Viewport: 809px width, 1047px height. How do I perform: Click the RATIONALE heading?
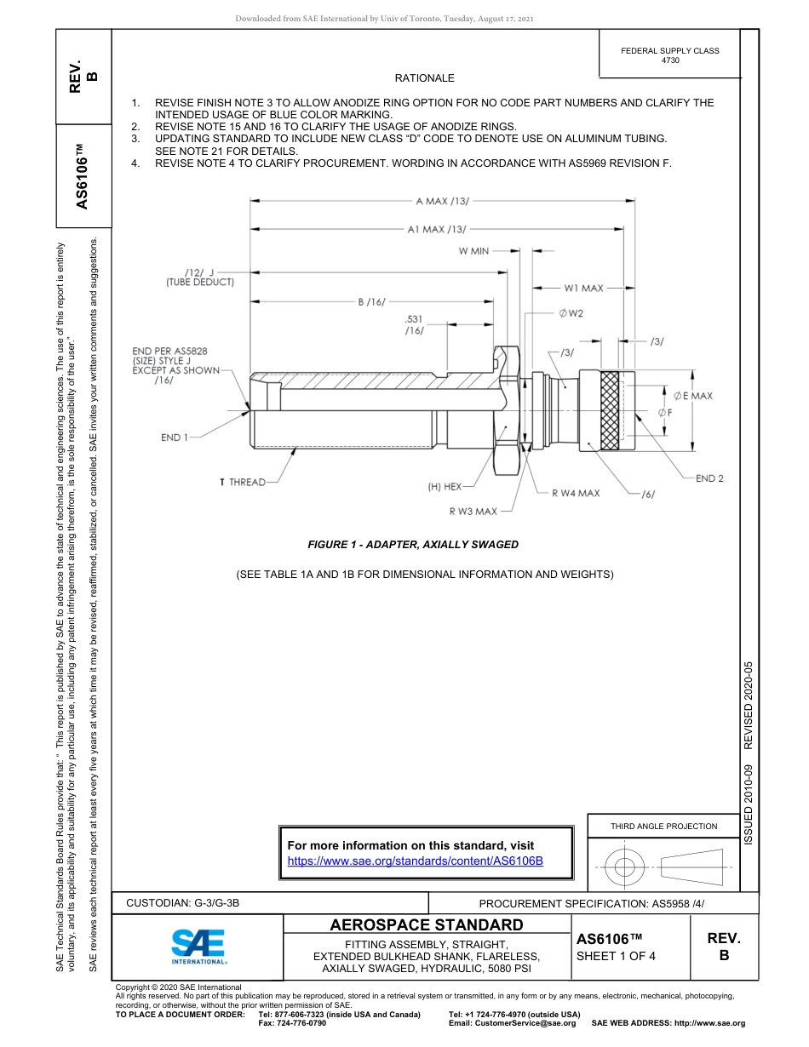tap(424, 78)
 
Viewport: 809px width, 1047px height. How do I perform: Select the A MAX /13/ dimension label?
tap(442, 201)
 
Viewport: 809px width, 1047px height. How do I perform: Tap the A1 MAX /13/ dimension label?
tap(436, 229)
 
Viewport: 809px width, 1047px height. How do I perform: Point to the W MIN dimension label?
tap(473, 251)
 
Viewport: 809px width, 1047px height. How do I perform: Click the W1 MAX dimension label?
tap(583, 289)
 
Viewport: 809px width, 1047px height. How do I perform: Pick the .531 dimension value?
tap(414, 319)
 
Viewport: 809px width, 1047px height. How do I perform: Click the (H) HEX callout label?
tap(445, 487)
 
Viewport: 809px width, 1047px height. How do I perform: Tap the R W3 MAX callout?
tap(473, 512)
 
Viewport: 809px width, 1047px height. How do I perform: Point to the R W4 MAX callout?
tap(575, 493)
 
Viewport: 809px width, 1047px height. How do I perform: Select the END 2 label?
tap(709, 478)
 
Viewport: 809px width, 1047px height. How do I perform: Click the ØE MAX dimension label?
tap(692, 396)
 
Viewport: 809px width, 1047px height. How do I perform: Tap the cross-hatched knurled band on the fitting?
tap(610, 411)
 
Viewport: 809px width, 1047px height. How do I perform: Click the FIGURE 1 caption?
tap(413, 545)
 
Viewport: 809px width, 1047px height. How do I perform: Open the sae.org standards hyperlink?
tap(416, 861)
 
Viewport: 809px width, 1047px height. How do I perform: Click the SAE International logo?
tap(198, 945)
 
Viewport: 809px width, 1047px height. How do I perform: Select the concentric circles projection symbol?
tap(625, 867)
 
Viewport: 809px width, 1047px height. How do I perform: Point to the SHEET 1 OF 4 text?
tap(616, 955)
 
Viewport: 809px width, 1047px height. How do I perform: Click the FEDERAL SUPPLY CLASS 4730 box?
tap(669, 55)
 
